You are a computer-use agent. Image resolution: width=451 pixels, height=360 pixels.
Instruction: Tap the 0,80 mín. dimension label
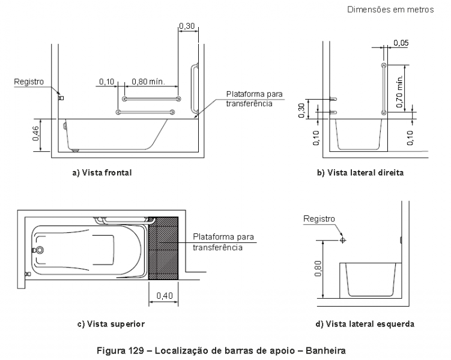146,82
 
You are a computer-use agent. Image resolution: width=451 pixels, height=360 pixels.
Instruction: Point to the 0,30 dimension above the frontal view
187,26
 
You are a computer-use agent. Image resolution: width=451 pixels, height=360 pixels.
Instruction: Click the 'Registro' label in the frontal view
28,82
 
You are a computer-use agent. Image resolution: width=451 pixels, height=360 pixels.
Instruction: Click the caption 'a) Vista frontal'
101,173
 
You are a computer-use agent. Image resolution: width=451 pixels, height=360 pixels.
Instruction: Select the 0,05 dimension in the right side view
401,43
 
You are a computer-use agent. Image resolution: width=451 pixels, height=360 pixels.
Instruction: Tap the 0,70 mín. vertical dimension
400,88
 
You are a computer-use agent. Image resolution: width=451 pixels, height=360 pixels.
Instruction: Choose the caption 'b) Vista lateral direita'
360,173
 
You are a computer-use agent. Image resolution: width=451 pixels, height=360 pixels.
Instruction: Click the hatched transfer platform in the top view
163,248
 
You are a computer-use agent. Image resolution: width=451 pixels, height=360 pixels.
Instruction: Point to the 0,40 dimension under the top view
163,295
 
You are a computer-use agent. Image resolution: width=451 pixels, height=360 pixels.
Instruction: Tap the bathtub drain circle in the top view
40,250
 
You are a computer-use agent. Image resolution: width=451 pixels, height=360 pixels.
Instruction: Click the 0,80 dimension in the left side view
316,269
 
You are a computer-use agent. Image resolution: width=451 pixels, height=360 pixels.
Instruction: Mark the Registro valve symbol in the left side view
342,239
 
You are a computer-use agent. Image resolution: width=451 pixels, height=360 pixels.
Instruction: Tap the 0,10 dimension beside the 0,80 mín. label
107,82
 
